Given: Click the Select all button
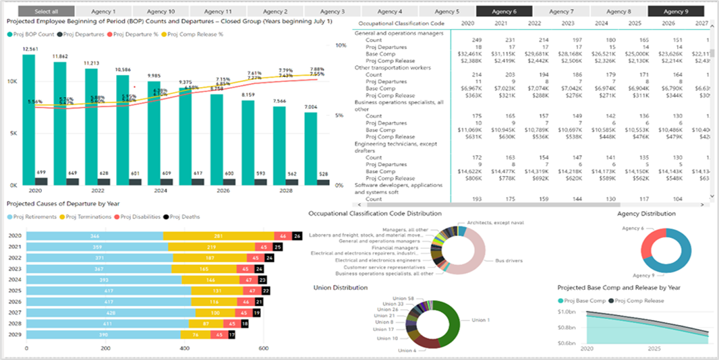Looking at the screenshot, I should click(46, 11).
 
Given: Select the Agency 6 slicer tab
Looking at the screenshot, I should click(505, 11).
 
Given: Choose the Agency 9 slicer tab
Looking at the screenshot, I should click(676, 11).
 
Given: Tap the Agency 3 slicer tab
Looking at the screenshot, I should click(333, 11).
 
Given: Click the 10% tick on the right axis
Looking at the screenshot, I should click(341, 46).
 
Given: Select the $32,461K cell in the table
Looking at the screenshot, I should click(469, 53).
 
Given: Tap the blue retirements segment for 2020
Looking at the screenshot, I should click(94, 236).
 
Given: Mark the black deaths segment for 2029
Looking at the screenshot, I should click(232, 334).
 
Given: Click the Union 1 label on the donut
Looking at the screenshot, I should click(480, 320).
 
